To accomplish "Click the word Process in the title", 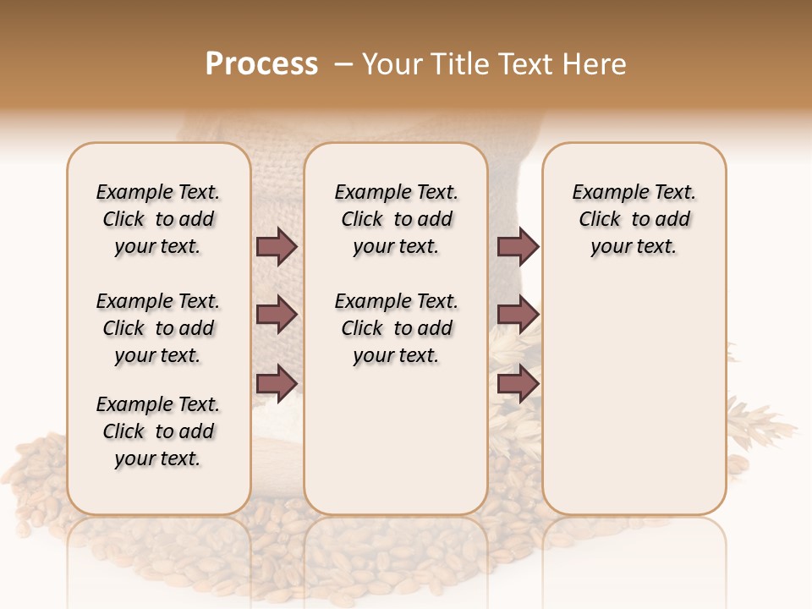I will point(261,64).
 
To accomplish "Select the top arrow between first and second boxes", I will point(277,246).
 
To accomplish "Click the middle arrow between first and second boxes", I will point(277,315).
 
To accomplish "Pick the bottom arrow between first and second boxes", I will point(277,383).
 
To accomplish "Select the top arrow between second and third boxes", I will point(518,246).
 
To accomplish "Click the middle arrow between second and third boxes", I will point(518,315).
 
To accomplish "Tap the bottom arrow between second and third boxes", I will point(518,383).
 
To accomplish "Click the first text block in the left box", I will point(158,219).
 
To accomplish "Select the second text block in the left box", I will point(158,328).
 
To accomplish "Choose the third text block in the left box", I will point(158,431).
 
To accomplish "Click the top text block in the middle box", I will point(396,219).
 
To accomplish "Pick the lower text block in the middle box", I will point(396,328).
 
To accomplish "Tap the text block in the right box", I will point(634,219).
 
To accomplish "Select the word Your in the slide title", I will point(392,64).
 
